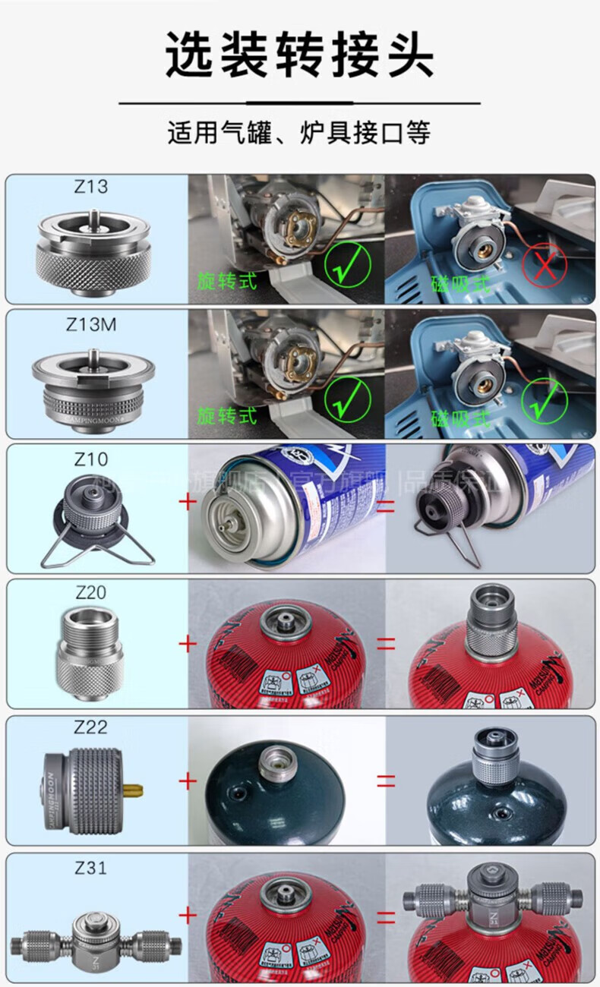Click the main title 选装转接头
299,55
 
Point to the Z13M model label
90,324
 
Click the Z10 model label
90,459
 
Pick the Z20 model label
90,593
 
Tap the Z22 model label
90,727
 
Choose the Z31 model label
90,866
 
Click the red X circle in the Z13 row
544,266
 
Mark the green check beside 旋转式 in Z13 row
348,266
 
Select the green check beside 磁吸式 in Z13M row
544,400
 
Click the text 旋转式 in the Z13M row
227,415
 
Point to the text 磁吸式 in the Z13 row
461,285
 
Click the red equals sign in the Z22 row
387,780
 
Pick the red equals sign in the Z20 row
387,644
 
